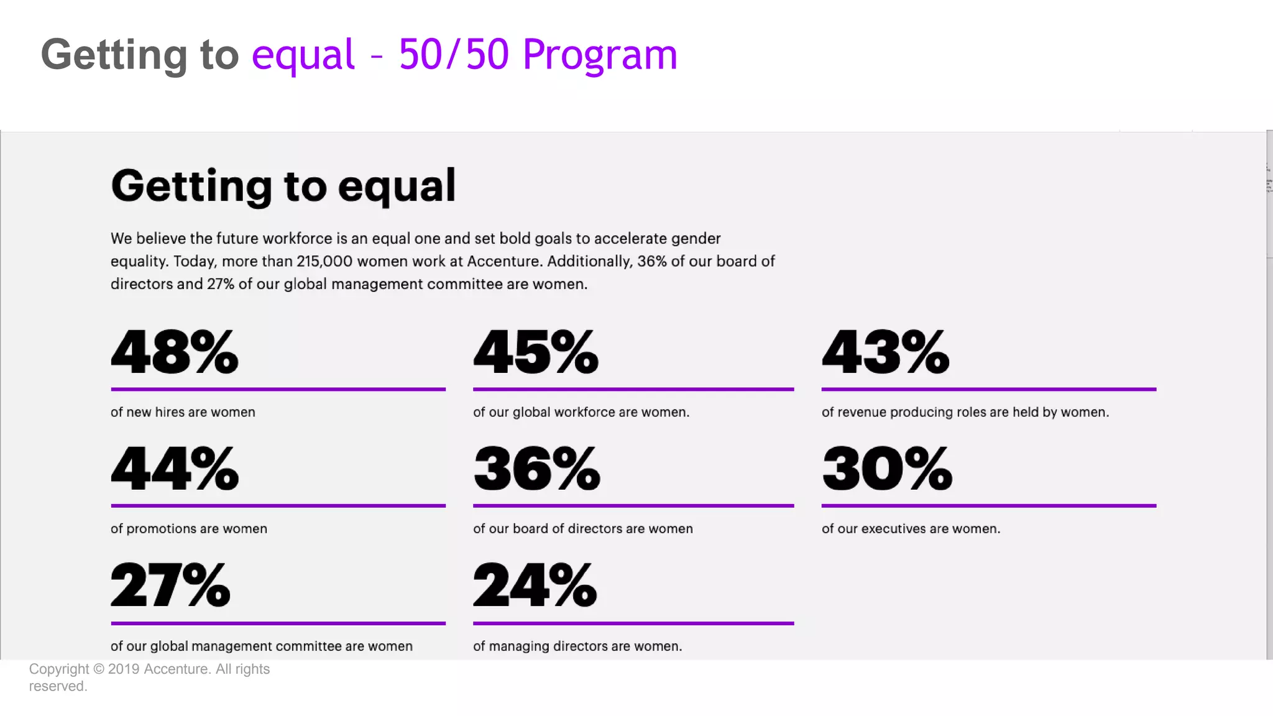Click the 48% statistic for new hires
(174, 352)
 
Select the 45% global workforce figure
(536, 352)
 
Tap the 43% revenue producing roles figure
(885, 352)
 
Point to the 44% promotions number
(174, 468)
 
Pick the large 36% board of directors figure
(536, 468)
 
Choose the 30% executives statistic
(886, 468)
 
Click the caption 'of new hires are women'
(183, 412)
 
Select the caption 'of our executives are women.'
(911, 528)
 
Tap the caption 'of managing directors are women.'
(577, 646)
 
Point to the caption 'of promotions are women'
(189, 528)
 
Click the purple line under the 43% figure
(988, 389)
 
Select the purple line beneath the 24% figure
(633, 623)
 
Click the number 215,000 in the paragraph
(324, 262)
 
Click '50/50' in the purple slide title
(454, 54)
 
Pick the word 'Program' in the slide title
(600, 55)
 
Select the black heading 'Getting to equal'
(283, 186)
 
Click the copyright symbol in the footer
(99, 669)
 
